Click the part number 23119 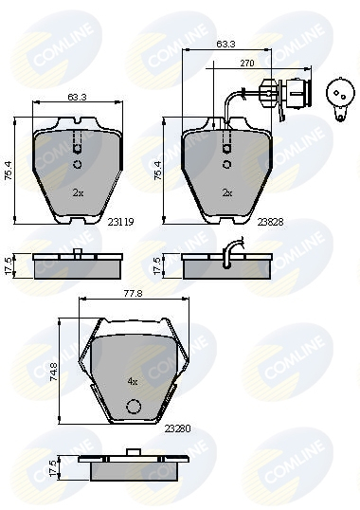120,222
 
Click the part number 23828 270,222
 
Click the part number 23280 178,428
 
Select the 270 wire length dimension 247,64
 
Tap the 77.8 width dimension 134,294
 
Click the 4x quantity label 133,381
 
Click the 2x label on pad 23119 78,193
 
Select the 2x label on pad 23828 227,193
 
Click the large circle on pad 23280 134,407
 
